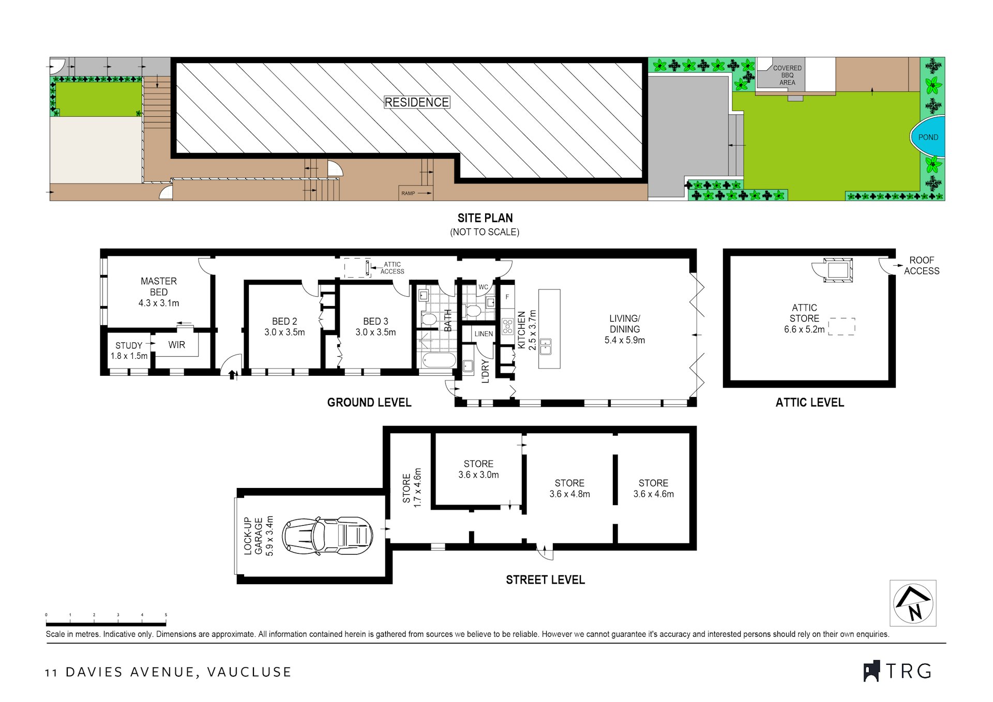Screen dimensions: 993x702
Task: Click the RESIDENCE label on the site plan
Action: [417, 102]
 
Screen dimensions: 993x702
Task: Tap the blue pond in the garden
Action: [928, 136]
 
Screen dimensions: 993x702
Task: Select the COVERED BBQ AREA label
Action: [787, 75]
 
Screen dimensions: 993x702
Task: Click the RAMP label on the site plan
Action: [408, 193]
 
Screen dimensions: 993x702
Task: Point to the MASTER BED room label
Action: [159, 287]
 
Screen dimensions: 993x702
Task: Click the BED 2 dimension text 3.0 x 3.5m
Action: [284, 332]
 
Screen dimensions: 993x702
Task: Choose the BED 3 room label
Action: [375, 322]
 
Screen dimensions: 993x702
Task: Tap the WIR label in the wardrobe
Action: [176, 345]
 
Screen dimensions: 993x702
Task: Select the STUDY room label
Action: [129, 345]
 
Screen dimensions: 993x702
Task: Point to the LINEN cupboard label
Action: [484, 334]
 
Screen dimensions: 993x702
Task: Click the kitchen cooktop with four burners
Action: [507, 327]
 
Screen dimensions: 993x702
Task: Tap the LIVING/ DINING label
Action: [625, 324]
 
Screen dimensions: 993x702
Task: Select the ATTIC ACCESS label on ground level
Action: [393, 268]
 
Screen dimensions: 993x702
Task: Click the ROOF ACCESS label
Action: [922, 265]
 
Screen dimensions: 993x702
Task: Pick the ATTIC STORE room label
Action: [804, 313]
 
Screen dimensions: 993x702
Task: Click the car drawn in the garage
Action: [327, 536]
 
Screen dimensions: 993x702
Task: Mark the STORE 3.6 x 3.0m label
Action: [478, 469]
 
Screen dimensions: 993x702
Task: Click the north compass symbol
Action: [913, 603]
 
